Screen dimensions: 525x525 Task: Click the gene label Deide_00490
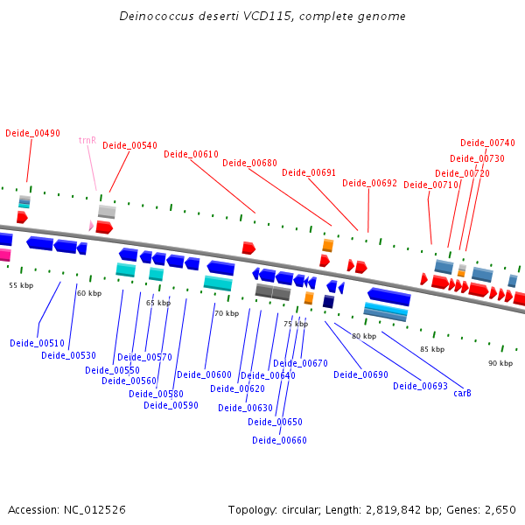[32, 133]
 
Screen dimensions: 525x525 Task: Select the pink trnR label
[87, 140]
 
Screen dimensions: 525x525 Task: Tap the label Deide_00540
[129, 145]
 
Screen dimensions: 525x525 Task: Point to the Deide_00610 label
[191, 154]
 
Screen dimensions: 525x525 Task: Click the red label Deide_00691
[309, 172]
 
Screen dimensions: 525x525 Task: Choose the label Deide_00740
[487, 143]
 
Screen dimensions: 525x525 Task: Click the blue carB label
[462, 393]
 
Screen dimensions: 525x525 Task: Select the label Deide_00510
[37, 343]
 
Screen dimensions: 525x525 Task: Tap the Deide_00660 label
[279, 440]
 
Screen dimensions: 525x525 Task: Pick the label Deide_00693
[420, 386]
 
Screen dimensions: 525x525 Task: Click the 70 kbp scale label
[226, 313]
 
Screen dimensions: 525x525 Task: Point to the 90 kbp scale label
[500, 363]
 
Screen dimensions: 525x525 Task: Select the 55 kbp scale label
[21, 285]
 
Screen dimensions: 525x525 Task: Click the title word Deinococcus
[156, 17]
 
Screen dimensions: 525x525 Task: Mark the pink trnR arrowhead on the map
[91, 226]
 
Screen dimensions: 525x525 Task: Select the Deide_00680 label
[249, 163]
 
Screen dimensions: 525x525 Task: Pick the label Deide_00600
[204, 374]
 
